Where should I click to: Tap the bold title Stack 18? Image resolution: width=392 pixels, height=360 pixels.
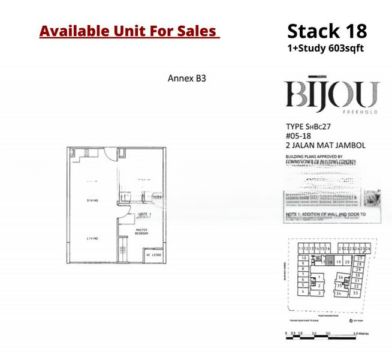(x=327, y=31)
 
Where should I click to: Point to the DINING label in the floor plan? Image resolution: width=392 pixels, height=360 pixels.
(x=92, y=200)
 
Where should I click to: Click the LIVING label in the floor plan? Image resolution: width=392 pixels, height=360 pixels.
(x=92, y=238)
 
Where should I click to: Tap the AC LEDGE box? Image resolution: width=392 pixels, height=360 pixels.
(x=154, y=254)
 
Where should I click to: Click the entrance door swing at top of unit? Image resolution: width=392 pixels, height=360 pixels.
(x=108, y=154)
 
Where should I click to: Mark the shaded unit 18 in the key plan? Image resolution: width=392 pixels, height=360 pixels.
(x=330, y=262)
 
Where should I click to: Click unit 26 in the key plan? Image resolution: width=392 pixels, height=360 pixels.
(x=368, y=248)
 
